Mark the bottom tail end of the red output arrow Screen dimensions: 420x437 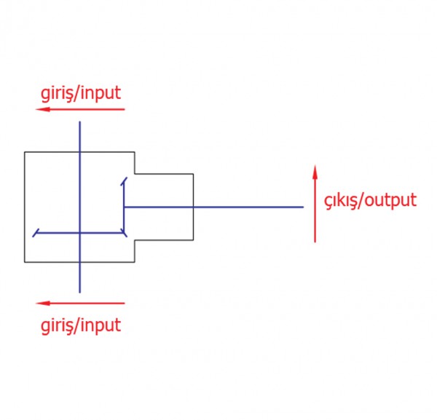(315, 242)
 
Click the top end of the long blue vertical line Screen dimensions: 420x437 (80, 122)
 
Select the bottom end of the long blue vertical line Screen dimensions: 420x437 (80, 292)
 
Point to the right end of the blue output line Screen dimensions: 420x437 (303, 207)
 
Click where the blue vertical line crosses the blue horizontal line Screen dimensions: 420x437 (80, 234)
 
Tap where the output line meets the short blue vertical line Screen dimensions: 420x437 (125, 207)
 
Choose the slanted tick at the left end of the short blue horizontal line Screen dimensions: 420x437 (35, 234)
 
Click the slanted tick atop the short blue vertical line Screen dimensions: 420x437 (125, 180)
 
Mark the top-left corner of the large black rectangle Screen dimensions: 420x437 (25, 152)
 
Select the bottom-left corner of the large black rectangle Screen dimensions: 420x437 (25, 262)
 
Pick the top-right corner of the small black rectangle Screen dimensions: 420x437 (193, 174)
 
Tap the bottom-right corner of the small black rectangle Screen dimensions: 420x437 (193, 239)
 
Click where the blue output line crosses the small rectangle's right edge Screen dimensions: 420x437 (193, 207)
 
